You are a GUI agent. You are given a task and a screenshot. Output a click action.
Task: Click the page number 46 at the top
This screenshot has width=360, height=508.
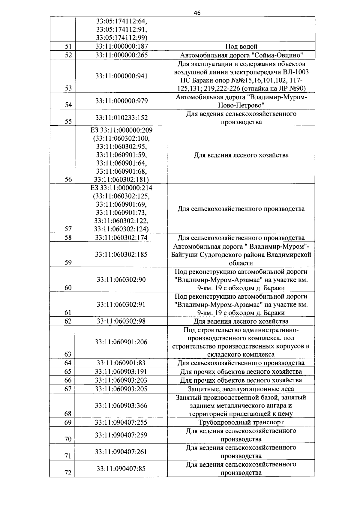pyautogui.click(x=197, y=13)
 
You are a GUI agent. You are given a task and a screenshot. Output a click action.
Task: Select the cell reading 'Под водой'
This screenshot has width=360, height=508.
pyautogui.click(x=241, y=46)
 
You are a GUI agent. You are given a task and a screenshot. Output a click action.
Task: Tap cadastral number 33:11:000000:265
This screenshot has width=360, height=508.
pyautogui.click(x=121, y=55)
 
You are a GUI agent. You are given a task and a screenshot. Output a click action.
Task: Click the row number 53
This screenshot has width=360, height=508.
pyautogui.click(x=68, y=88)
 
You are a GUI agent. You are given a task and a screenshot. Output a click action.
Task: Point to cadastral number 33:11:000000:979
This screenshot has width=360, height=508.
pyautogui.click(x=121, y=101)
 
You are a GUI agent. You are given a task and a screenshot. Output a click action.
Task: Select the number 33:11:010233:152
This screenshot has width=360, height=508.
pyautogui.click(x=121, y=118)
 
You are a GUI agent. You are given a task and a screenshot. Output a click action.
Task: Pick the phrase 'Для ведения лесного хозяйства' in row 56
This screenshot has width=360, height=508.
pyautogui.click(x=241, y=155)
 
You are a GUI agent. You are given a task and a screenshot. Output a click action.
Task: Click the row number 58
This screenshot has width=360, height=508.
pyautogui.click(x=68, y=238)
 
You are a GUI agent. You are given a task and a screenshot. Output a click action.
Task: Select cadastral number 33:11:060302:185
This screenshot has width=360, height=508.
pyautogui.click(x=121, y=255)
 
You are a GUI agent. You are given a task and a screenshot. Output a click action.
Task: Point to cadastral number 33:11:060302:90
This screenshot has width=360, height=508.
pyautogui.click(x=121, y=280)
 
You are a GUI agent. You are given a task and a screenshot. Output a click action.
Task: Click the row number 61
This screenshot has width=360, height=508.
pyautogui.click(x=68, y=312)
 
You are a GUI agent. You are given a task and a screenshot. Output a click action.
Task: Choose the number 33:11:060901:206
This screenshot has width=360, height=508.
pyautogui.click(x=121, y=342)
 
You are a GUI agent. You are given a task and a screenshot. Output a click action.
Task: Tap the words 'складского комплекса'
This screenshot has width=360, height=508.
pyautogui.click(x=241, y=355)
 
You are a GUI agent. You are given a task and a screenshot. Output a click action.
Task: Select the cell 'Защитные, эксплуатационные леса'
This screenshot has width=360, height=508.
pyautogui.click(x=241, y=389)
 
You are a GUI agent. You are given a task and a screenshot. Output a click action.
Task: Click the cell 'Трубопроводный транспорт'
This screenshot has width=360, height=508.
pyautogui.click(x=241, y=423)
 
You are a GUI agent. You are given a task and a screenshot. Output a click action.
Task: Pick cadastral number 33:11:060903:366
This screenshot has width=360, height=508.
pyautogui.click(x=121, y=406)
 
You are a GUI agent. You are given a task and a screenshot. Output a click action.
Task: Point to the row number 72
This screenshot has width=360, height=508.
pyautogui.click(x=68, y=473)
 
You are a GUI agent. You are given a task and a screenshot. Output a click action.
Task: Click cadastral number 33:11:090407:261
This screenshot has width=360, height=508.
pyautogui.click(x=121, y=452)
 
